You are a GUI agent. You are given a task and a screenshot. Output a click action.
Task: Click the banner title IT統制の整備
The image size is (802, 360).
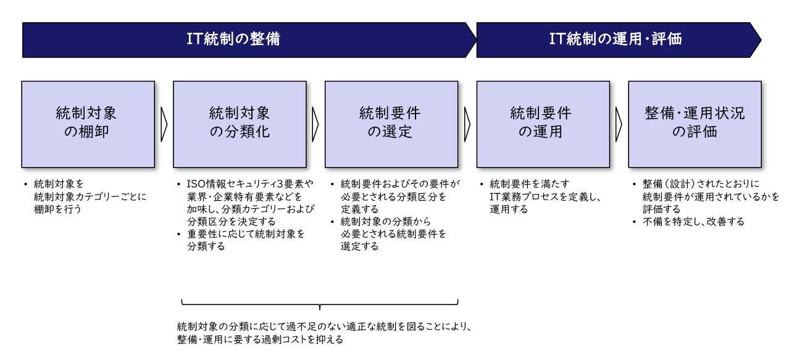pos(233,39)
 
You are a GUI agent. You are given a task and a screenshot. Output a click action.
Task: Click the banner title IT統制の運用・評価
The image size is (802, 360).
pos(616,39)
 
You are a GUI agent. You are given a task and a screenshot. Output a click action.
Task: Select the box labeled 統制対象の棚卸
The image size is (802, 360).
pos(88,124)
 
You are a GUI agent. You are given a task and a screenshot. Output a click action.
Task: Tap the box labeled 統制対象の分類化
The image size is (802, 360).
pos(240,124)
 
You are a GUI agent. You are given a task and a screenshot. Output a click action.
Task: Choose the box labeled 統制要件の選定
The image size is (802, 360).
pos(391,124)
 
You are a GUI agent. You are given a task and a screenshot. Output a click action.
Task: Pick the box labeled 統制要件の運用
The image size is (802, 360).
pos(543,124)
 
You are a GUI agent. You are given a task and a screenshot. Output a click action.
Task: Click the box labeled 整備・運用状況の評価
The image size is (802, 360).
pos(695,124)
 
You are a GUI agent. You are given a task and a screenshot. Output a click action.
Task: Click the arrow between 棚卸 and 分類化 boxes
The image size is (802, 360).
pos(164,124)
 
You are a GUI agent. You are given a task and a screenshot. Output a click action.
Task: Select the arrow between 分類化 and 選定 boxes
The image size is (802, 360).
pos(315,124)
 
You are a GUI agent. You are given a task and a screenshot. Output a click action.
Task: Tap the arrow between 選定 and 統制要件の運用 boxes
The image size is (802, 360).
pos(467,124)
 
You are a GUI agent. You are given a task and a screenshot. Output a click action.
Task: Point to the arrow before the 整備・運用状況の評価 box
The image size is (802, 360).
pos(619,124)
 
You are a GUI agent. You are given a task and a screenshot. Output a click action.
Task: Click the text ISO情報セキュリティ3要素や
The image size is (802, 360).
pos(250,184)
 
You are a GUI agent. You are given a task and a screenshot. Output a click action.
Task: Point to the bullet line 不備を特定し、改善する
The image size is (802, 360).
pos(693,222)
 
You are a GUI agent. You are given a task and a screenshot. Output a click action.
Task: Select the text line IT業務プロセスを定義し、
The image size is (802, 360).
pos(545,196)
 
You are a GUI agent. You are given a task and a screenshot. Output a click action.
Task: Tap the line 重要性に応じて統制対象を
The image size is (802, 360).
pos(246,234)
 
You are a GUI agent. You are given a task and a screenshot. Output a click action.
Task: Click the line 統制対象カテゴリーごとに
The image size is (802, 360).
pos(90,196)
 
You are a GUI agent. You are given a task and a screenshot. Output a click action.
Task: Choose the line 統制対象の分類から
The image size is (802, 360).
pos(386,222)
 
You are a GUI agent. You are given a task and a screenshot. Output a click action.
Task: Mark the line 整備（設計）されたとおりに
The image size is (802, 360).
pos(701,184)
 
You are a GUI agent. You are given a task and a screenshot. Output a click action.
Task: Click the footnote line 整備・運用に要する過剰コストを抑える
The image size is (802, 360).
pos(260,339)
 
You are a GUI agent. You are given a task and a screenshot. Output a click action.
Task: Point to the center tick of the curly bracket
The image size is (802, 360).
pos(320,308)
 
